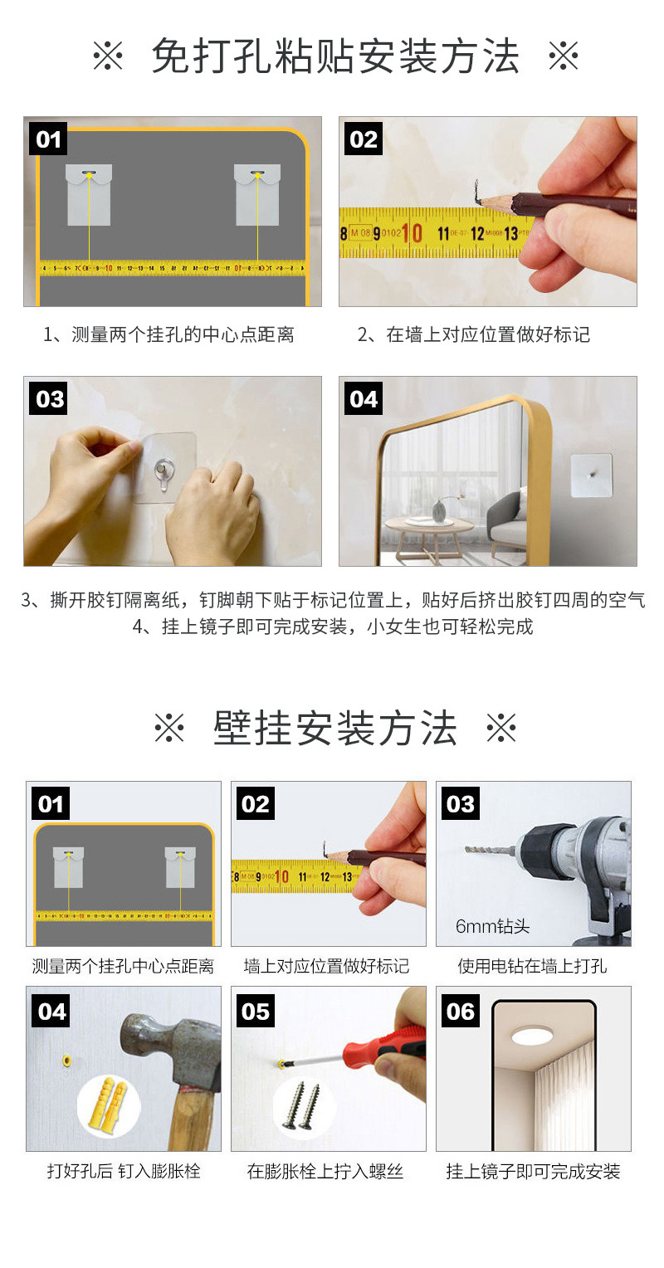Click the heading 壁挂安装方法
(x=334, y=729)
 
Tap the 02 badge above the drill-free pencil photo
(x=364, y=139)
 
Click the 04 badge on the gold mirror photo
(x=364, y=399)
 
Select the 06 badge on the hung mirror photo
(x=460, y=1011)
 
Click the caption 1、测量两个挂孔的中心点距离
(x=168, y=335)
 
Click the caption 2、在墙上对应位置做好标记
(x=474, y=335)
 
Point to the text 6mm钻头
(x=492, y=926)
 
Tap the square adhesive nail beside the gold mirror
(x=591, y=475)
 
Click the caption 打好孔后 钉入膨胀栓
(x=123, y=1172)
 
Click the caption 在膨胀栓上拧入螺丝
(x=325, y=1172)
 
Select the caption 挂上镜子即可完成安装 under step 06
(x=533, y=1172)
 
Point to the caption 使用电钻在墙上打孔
(x=532, y=966)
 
